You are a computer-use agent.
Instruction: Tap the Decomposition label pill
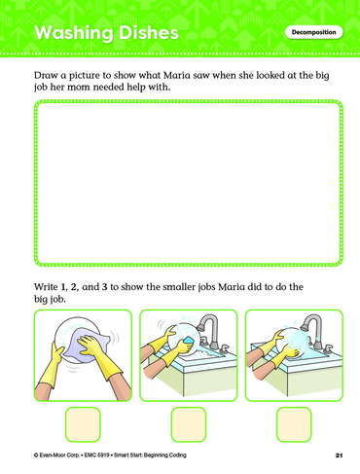click(x=313, y=32)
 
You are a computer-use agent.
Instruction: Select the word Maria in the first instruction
click(x=177, y=75)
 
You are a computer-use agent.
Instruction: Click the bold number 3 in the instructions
click(x=104, y=287)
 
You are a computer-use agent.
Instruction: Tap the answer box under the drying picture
click(x=83, y=424)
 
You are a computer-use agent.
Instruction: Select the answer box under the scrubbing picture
click(x=189, y=424)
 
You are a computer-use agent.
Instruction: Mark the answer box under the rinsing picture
click(x=294, y=424)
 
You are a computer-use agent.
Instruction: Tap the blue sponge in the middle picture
click(x=189, y=340)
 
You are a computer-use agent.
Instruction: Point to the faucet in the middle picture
click(x=210, y=333)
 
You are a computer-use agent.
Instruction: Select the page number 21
click(x=339, y=456)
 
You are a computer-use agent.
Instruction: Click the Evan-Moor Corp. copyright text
click(x=56, y=456)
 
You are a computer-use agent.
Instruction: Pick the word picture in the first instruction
click(x=85, y=76)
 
